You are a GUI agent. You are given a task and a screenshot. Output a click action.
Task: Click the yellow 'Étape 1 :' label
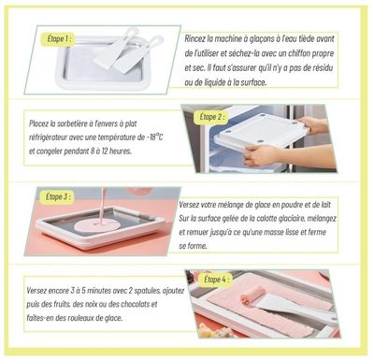59,39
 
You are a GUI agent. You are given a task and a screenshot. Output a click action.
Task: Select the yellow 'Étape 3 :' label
58,197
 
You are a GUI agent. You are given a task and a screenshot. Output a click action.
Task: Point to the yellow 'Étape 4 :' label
218,280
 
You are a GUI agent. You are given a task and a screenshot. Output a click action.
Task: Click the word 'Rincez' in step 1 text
194,39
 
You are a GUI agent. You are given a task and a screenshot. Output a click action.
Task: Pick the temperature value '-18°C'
154,137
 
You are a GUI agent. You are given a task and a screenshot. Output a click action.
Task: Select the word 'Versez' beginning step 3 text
189,205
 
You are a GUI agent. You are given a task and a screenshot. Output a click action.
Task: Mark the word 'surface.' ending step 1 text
254,82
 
